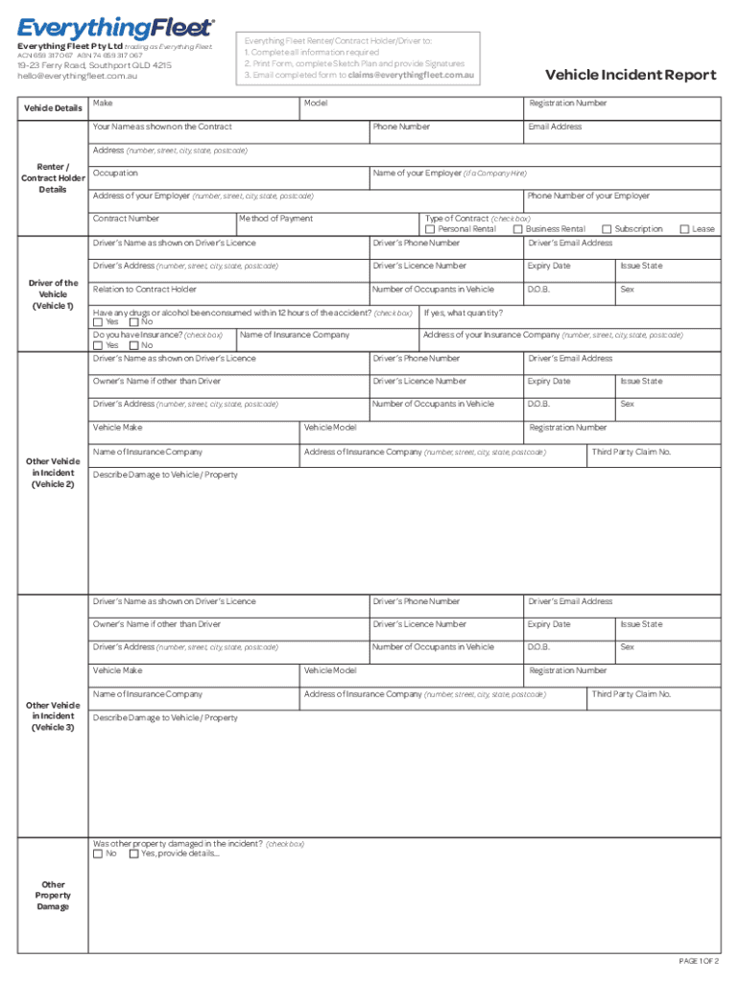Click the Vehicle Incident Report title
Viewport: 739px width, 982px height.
pos(630,76)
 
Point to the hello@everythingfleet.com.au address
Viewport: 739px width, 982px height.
pos(77,76)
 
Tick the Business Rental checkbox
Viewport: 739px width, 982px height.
pos(517,229)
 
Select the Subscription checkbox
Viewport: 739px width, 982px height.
pos(607,229)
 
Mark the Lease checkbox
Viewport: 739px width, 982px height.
pos(684,229)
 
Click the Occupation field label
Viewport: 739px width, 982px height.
pos(115,174)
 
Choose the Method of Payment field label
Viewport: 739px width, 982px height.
pos(275,220)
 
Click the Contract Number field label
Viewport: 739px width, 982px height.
pos(126,220)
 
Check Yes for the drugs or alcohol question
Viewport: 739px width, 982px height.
pos(98,322)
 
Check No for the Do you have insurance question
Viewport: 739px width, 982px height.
pos(133,345)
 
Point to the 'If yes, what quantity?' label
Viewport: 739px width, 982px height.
pos(463,313)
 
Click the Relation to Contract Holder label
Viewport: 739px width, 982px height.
pos(144,290)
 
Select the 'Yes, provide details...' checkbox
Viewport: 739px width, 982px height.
pos(133,853)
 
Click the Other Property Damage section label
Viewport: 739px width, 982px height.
pos(54,896)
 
